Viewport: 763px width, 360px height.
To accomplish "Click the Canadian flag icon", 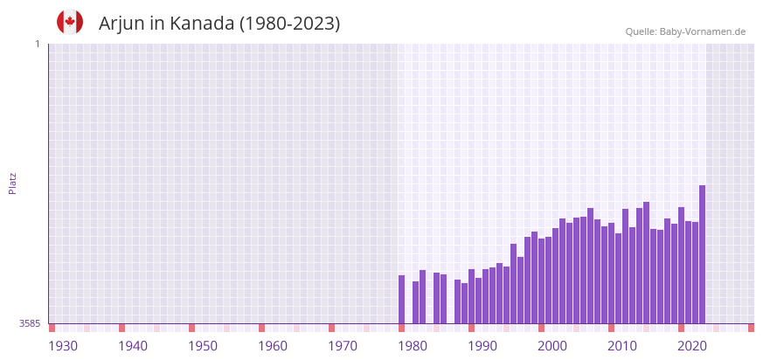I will [70, 23].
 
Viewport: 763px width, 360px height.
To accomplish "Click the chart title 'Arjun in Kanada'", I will [219, 24].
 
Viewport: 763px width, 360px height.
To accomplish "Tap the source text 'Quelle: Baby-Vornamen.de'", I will [685, 31].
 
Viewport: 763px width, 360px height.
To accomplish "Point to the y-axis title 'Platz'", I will [12, 183].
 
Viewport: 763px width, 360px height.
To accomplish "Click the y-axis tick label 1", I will [37, 44].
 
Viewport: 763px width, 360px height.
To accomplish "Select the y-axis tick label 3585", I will [30, 323].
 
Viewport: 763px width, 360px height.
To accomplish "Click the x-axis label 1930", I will [63, 346].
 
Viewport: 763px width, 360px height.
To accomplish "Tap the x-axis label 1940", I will [133, 346].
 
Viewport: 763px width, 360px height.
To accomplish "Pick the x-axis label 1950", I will [203, 346].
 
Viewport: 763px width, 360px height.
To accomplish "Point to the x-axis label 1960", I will [273, 346].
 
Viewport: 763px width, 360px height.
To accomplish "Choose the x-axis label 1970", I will [343, 346].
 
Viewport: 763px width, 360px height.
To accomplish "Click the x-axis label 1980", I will [413, 346].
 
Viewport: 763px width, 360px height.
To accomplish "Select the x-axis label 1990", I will [482, 346].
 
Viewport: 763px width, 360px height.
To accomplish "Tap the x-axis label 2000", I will [552, 346].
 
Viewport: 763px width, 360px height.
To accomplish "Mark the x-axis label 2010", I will [622, 346].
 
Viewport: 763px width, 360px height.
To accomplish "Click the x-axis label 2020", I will [692, 346].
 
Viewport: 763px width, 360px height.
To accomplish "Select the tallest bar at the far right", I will [702, 253].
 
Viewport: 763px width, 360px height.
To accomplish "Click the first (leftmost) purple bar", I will [401, 299].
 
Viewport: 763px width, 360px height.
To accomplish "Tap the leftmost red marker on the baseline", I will [52, 328].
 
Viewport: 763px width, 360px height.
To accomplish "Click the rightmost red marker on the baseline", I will [751, 328].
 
